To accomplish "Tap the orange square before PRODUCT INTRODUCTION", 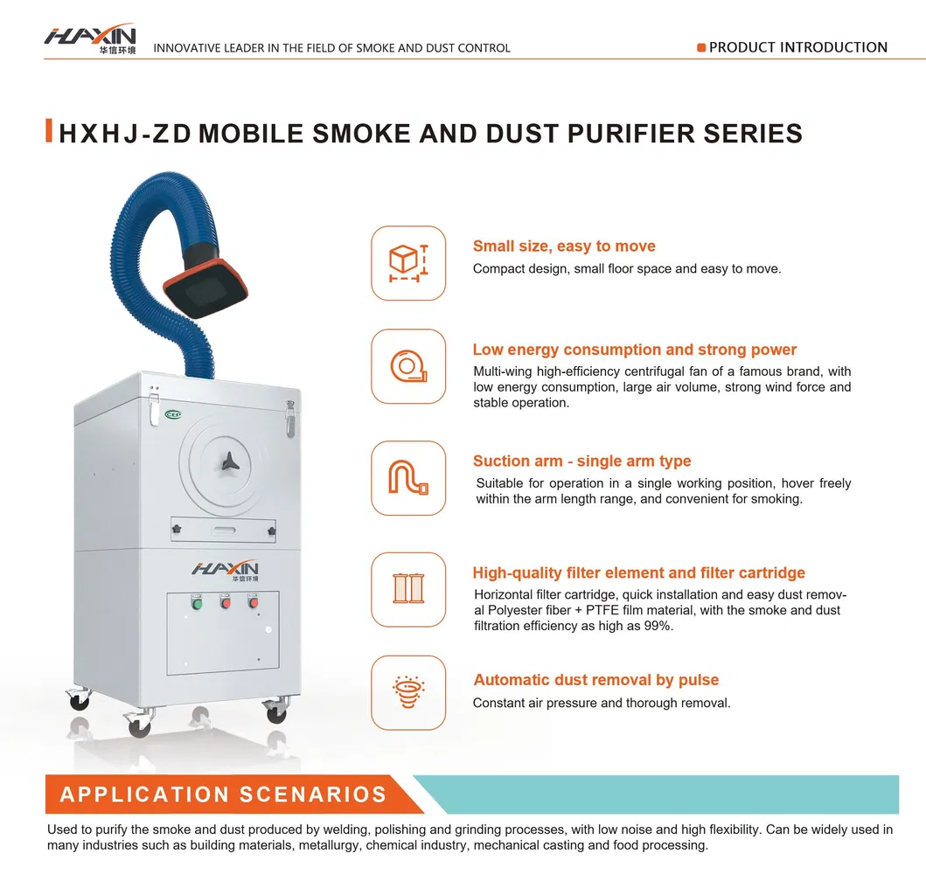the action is [x=701, y=47].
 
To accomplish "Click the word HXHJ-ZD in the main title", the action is [x=125, y=134].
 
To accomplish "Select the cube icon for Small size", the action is [x=408, y=263].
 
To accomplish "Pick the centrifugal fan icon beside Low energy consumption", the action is [x=408, y=366].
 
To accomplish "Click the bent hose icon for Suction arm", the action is [x=408, y=477].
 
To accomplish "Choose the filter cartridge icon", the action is [x=408, y=588].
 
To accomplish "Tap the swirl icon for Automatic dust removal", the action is [x=408, y=692].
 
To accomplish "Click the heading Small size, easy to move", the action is [x=564, y=246].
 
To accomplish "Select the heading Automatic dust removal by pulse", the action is [x=595, y=680].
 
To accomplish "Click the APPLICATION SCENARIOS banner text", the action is [x=223, y=794].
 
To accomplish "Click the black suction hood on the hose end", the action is [x=205, y=288].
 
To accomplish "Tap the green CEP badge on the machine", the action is [x=173, y=414].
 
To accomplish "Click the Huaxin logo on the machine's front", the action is [x=225, y=570].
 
